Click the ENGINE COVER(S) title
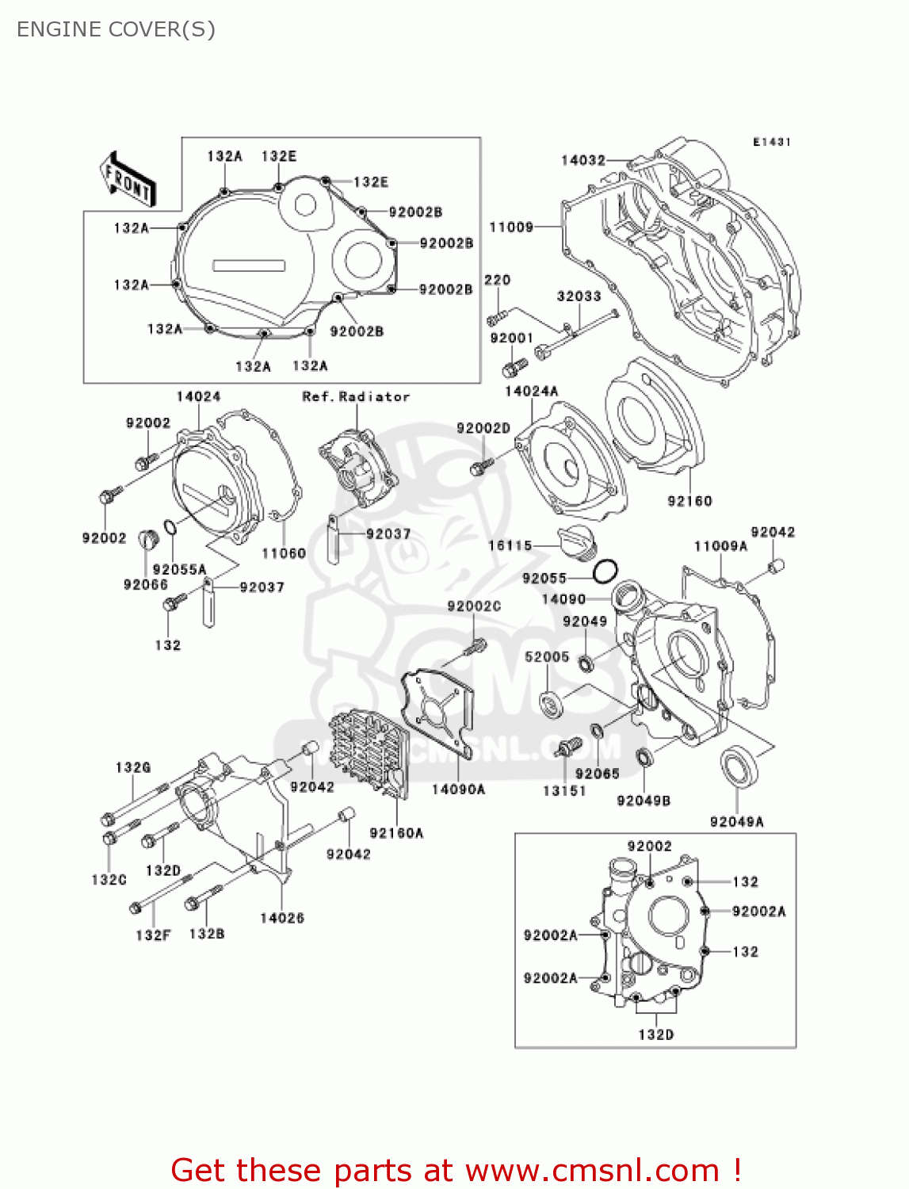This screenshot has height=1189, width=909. tap(116, 29)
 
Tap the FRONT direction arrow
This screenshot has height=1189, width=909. tap(127, 179)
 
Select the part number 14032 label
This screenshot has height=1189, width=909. tap(582, 160)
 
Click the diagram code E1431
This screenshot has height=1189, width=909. tap(771, 142)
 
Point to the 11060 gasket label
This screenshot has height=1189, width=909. tap(284, 553)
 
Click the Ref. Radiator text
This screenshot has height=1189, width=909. tap(356, 396)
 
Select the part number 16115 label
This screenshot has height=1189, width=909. tap(510, 545)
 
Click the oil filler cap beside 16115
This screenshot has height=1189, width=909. tap(576, 543)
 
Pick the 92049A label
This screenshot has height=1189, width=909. tap(736, 822)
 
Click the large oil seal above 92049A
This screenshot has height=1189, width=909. tap(739, 766)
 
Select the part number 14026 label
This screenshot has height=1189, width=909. tap(282, 918)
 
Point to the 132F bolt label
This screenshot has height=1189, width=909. tap(153, 935)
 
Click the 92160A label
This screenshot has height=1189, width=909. tap(396, 832)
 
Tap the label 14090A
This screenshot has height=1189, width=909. tap(458, 789)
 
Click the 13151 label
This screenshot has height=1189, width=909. tap(564, 790)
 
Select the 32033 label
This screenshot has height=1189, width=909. tap(579, 296)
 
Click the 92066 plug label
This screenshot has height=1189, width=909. tap(146, 584)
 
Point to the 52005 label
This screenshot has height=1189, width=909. tap(547, 656)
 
